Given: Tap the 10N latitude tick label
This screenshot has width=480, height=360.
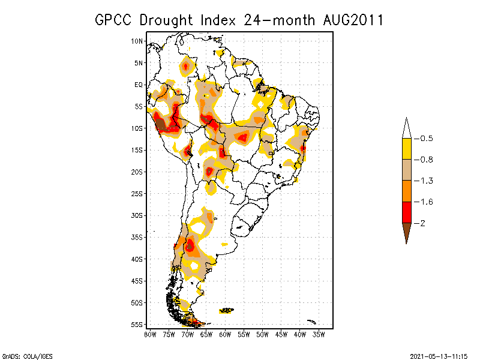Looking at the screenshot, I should coord(138,41).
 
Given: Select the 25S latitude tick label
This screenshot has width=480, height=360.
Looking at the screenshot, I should coord(138,193).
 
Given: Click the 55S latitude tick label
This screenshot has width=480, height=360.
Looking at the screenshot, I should coord(138,324).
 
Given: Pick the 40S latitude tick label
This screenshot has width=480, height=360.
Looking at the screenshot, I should coord(138,259).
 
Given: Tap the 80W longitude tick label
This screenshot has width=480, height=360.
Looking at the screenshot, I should coord(150,334).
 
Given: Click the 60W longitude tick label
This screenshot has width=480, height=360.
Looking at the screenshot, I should coord(225,334).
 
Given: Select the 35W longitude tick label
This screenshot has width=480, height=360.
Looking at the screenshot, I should coord(319,334).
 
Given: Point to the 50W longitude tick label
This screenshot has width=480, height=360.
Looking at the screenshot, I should coord(262,334).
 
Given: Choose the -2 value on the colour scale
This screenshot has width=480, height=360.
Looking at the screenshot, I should coord(422,223).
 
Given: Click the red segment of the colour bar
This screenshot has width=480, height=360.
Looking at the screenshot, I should coord(406,212).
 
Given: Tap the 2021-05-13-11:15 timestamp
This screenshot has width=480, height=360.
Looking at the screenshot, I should coord(439,355).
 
